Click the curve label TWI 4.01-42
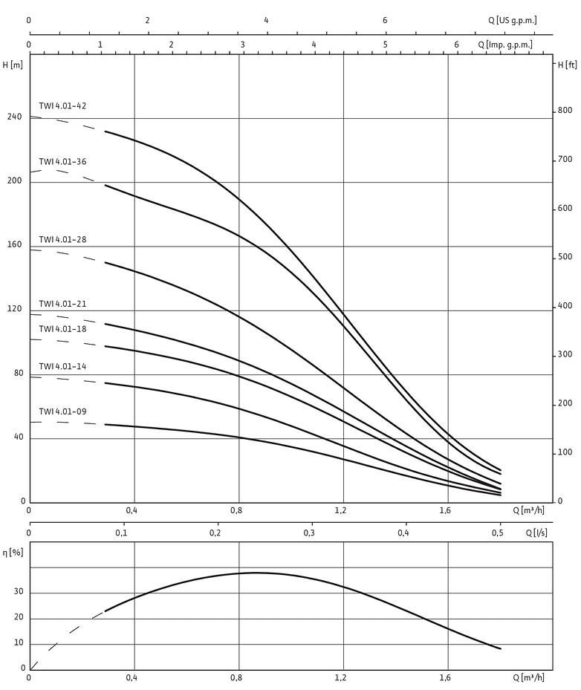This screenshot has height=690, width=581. tap(63, 106)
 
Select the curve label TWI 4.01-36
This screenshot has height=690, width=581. tap(63, 162)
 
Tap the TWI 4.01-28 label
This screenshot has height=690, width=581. tap(63, 240)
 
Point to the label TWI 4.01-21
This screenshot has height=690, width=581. tap(63, 305)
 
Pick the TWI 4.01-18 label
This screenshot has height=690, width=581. tap(63, 329)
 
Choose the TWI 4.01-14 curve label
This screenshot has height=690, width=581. tap(63, 366)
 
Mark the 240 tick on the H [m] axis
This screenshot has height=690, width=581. tap(15, 117)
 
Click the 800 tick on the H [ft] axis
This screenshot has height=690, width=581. tap(565, 111)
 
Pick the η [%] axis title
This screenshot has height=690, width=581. tap(13, 553)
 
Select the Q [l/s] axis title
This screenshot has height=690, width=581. tap(537, 533)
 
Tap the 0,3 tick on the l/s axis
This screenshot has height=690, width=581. tap(309, 533)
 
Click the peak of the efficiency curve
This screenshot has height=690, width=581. tap(256, 573)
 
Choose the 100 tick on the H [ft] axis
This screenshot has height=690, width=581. tap(566, 452)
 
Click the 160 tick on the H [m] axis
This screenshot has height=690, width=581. tap(15, 245)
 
